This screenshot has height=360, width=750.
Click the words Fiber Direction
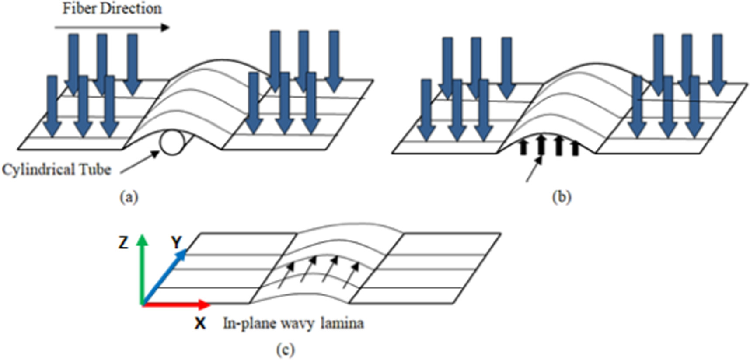pos(112,8)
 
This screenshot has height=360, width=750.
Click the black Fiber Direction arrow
pos(112,28)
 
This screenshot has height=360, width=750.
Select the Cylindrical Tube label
pos(56,169)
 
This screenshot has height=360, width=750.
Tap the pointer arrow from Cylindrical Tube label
pos(140,162)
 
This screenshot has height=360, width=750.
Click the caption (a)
pos(129,197)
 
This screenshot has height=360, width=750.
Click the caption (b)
pos(562,197)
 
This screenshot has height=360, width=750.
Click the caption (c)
pos(285,350)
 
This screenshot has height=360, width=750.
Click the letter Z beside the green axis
pos(123,242)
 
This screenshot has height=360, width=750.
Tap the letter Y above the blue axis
pos(176,242)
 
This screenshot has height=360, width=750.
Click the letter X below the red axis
pos(200,324)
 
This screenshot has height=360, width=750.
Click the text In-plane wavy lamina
pos(293,324)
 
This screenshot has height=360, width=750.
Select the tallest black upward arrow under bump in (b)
pos(541,145)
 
